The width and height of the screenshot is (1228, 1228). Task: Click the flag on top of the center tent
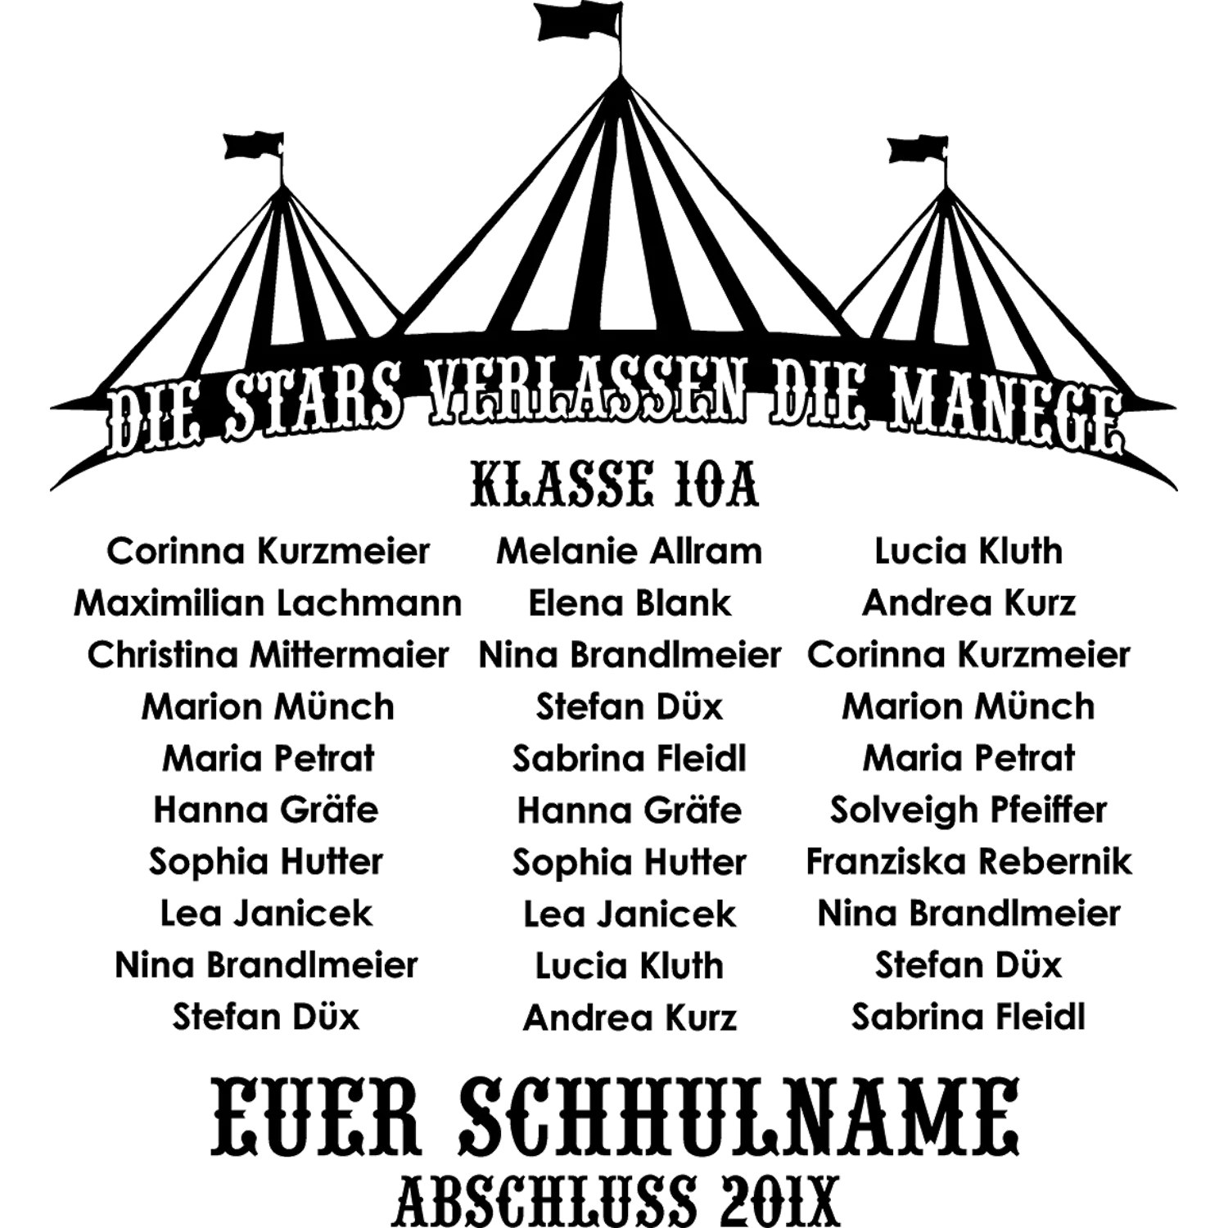(x=578, y=21)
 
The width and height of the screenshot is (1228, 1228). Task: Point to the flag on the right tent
(x=918, y=150)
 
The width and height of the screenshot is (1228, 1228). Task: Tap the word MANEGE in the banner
(x=1006, y=410)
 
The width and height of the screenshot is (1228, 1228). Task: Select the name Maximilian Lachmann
(x=268, y=603)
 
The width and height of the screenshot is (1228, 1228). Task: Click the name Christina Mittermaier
(x=268, y=655)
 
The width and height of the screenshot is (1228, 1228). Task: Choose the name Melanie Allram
(x=629, y=551)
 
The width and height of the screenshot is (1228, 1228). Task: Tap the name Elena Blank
(x=629, y=603)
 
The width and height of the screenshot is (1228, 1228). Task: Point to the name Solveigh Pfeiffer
(x=968, y=810)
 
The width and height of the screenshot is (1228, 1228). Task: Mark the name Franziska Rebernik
(x=968, y=861)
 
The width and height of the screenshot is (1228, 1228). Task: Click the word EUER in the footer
(x=316, y=1117)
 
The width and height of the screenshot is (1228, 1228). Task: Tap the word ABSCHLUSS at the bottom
(x=546, y=1200)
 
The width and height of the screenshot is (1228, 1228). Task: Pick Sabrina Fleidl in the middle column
(x=629, y=759)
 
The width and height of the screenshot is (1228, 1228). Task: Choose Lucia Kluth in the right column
(x=968, y=551)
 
